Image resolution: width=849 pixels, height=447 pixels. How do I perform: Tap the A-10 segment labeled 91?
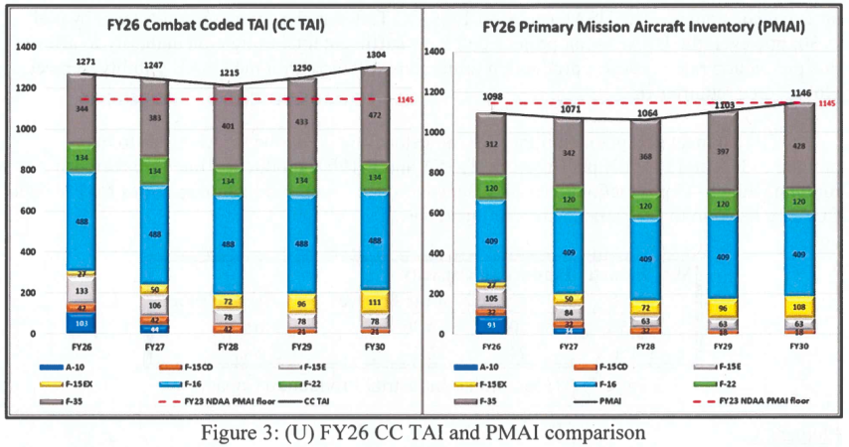(x=491, y=323)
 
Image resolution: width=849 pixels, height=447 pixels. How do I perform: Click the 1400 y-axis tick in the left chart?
(x=26, y=47)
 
